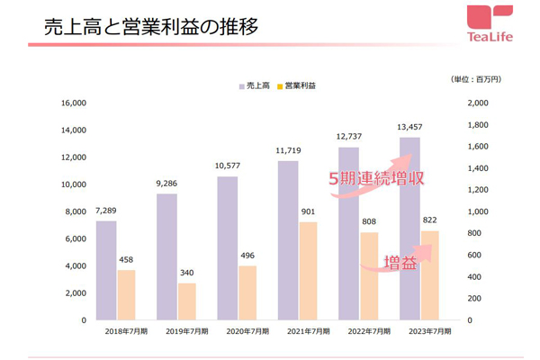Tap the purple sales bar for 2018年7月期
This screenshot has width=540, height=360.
tap(106, 270)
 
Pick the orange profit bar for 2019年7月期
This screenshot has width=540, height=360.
tap(185, 301)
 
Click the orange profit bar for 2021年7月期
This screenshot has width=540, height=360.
tap(307, 270)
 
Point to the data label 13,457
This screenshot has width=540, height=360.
tap(409, 128)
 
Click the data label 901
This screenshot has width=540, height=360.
tap(307, 212)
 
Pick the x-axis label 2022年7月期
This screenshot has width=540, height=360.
tap(368, 330)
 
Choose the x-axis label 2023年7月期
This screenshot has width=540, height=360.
tap(429, 330)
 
